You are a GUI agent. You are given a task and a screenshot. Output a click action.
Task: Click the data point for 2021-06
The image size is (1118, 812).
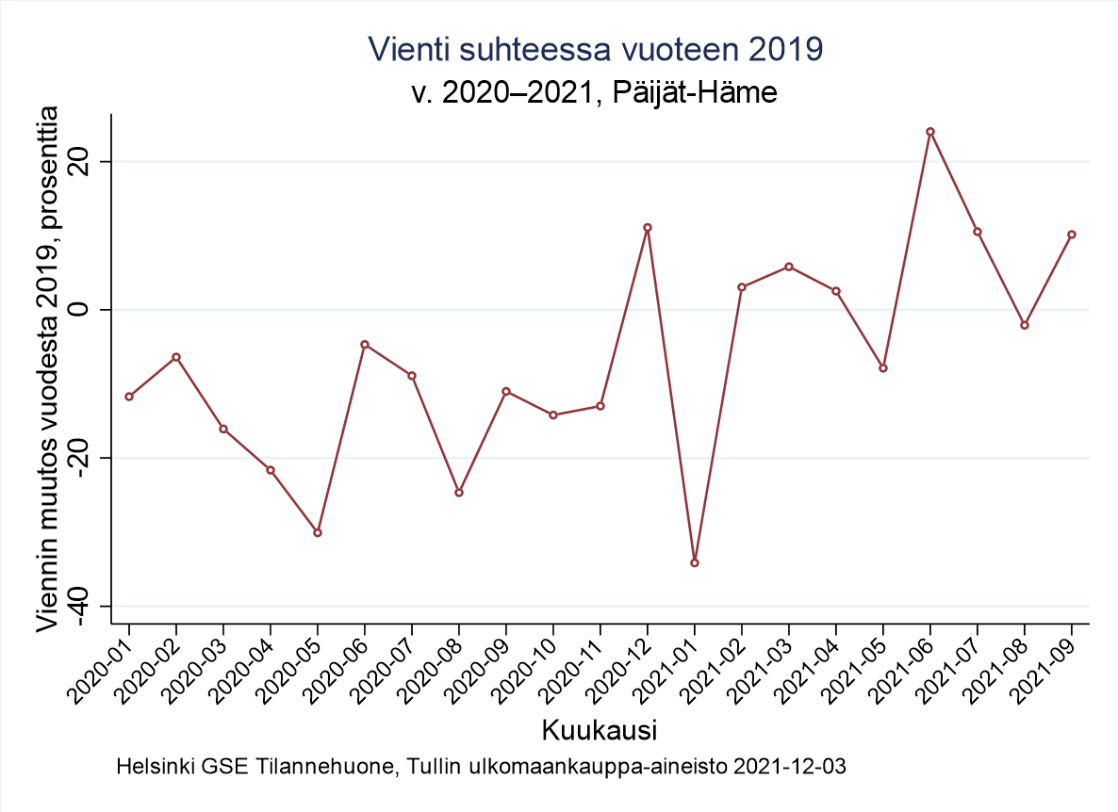[930, 132]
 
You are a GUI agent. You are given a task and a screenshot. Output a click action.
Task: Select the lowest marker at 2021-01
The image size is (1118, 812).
[695, 563]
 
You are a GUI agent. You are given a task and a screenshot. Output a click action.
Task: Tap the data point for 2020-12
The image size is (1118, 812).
[648, 227]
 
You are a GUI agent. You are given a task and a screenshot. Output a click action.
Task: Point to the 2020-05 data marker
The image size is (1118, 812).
[318, 533]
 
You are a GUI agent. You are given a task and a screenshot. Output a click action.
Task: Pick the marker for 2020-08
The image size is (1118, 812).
[459, 493]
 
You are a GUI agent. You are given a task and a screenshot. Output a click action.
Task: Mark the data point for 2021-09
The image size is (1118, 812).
[1072, 235]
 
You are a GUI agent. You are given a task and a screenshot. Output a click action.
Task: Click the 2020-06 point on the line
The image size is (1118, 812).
[365, 345]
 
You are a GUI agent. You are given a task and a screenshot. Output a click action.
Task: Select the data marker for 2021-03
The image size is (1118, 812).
[789, 267]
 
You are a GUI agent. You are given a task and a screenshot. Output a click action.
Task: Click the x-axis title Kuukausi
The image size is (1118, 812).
[600, 730]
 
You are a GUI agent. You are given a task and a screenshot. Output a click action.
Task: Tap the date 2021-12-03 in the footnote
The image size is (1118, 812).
[788, 767]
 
